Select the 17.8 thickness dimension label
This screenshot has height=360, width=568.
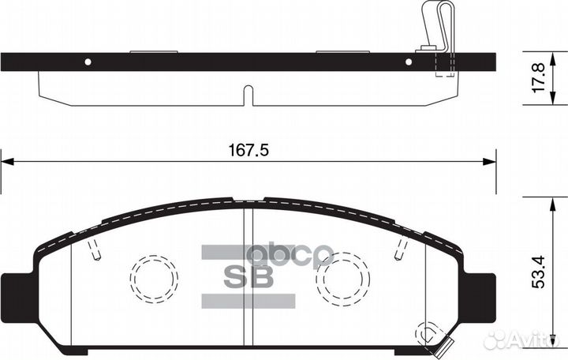point(539,78)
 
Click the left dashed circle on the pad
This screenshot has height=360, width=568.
point(154,278)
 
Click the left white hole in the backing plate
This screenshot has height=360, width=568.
point(88,62)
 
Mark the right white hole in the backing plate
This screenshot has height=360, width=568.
point(409,62)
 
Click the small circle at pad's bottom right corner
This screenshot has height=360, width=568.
point(431,332)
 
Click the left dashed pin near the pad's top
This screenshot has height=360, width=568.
point(95,250)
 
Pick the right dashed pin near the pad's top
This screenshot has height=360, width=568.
point(399,250)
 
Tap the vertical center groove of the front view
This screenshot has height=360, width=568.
point(248,276)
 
